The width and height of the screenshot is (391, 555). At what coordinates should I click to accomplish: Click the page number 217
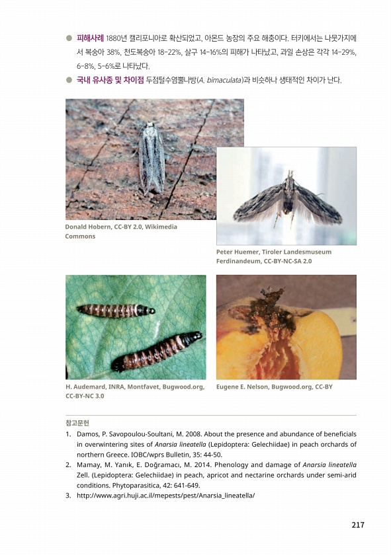[358, 525]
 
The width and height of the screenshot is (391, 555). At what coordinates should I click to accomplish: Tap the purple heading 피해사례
[90, 38]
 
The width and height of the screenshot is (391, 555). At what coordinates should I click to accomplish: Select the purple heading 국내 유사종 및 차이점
[110, 80]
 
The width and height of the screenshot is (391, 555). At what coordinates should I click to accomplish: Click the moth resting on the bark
[152, 158]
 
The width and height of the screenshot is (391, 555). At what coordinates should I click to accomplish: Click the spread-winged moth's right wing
[318, 205]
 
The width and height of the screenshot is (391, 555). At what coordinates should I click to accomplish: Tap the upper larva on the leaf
[116, 311]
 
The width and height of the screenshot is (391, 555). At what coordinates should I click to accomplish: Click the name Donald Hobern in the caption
[88, 227]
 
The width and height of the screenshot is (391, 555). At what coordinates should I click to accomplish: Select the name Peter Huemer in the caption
[238, 252]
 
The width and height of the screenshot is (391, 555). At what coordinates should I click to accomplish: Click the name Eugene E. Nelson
[243, 387]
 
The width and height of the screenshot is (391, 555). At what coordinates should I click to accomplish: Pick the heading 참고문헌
[77, 423]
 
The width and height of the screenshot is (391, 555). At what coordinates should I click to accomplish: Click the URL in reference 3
[165, 496]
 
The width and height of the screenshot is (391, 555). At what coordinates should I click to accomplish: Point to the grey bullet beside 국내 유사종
[69, 80]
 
